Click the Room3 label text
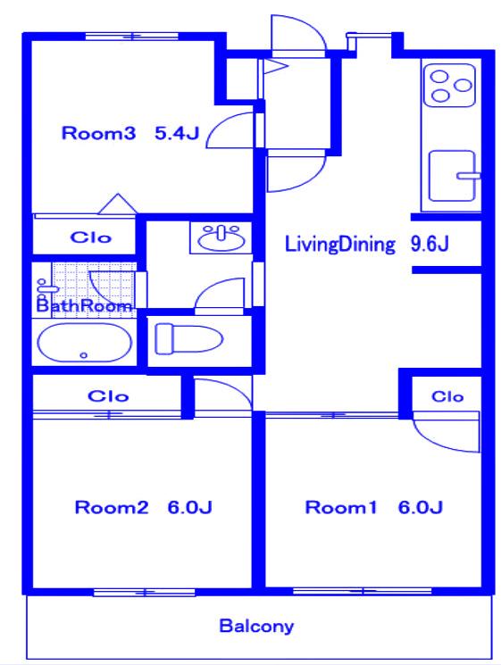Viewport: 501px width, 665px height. click(98, 133)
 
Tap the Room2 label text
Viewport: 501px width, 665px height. click(112, 507)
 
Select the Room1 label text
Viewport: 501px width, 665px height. click(341, 507)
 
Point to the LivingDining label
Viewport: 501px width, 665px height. click(339, 245)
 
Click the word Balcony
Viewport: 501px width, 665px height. click(256, 627)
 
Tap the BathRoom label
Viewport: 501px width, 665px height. click(84, 306)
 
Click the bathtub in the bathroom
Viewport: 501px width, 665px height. click(85, 343)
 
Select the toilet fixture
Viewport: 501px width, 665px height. click(188, 338)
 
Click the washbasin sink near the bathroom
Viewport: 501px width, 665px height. click(221, 238)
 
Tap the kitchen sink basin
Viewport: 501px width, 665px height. click(451, 176)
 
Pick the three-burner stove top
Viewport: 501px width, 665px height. click(450, 86)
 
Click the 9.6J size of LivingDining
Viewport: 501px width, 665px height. click(430, 245)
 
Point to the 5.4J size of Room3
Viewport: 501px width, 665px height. click(177, 133)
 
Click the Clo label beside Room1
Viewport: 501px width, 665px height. click(447, 396)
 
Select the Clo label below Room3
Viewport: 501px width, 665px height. click(91, 237)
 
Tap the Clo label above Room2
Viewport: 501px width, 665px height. click(108, 396)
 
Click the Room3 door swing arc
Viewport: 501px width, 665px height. click(221, 123)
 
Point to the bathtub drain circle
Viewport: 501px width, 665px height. click(84, 355)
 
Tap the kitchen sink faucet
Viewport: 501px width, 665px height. click(468, 175)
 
